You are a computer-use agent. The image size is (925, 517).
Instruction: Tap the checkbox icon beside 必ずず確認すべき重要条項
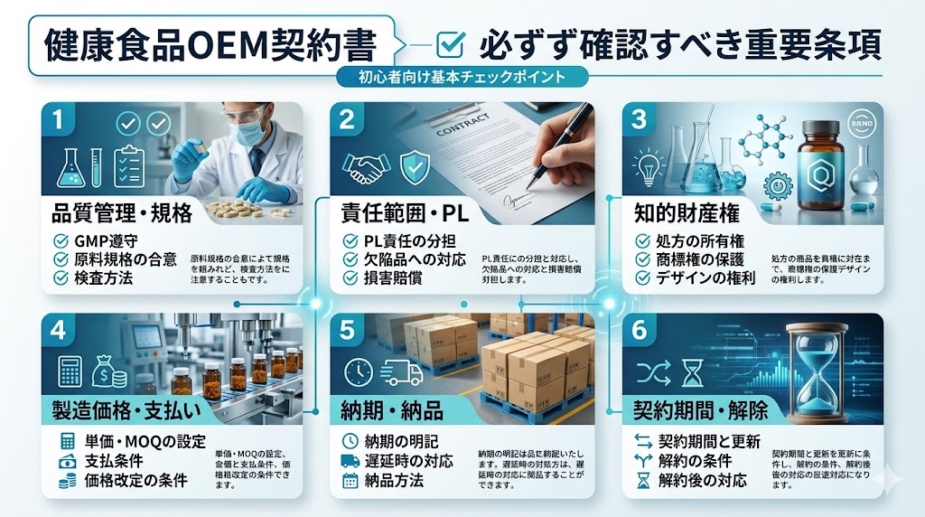[x=449, y=43]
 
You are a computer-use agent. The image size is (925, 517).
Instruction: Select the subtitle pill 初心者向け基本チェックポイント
[x=462, y=77]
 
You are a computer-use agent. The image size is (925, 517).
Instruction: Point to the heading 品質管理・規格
[x=121, y=213]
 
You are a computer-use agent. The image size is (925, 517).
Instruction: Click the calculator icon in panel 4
[x=70, y=370]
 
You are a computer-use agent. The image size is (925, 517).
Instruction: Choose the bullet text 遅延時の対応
[x=415, y=461]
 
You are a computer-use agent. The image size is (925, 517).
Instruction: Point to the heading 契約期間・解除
[x=700, y=410]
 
